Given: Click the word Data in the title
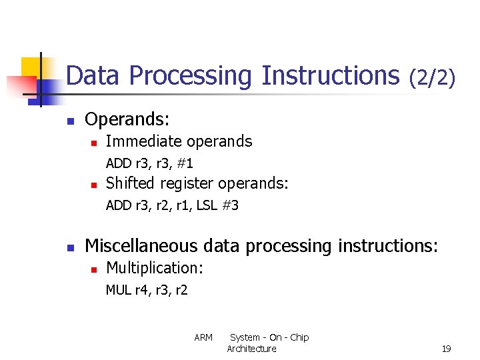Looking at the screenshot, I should tap(94, 75).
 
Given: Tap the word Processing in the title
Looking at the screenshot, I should tap(191, 75).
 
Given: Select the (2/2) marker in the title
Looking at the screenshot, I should tap(433, 77).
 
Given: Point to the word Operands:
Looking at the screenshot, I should tap(127, 120).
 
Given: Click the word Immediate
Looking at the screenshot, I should tap(143, 141).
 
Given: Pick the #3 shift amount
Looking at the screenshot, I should tap(231, 206).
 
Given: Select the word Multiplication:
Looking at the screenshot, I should tap(155, 268).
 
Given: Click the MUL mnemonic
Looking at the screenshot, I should tap(119, 290).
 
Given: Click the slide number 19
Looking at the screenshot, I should tap(446, 349).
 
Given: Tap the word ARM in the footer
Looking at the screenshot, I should tap(203, 337).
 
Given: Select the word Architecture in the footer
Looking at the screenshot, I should tap(251, 349).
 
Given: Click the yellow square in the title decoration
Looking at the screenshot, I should tap(32, 68).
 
